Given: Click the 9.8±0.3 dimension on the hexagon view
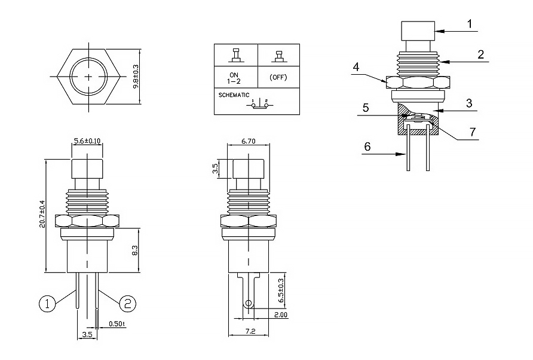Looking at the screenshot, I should pyautogui.click(x=136, y=77).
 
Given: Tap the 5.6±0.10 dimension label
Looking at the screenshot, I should pyautogui.click(x=88, y=141).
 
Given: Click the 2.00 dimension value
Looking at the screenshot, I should pyautogui.click(x=281, y=315).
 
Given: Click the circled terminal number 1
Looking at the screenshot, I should pyautogui.click(x=48, y=304).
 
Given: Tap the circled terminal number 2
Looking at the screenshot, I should pyautogui.click(x=127, y=304).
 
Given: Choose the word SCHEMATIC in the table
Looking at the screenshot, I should pyautogui.click(x=230, y=95).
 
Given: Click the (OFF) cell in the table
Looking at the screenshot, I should pyautogui.click(x=278, y=77).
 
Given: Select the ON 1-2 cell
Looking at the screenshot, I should pyautogui.click(x=236, y=76).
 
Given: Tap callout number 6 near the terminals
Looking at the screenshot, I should pyautogui.click(x=367, y=146).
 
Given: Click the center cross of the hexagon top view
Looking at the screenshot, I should pyautogui.click(x=89, y=77).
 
